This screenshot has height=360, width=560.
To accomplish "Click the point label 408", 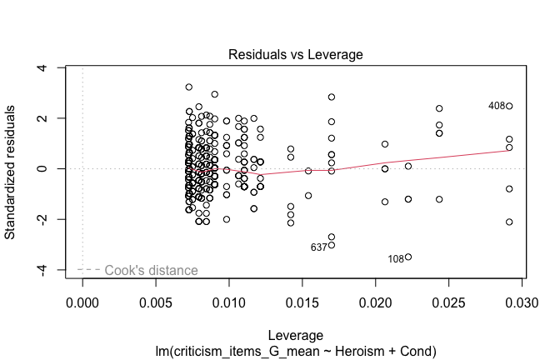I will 497,106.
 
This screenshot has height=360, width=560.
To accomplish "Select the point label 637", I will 318,247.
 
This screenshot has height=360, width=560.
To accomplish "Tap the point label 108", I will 396,259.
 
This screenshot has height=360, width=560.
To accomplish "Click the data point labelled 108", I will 408,257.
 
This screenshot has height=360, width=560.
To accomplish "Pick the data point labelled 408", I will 509,106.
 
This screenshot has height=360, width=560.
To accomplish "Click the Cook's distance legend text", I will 151,270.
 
